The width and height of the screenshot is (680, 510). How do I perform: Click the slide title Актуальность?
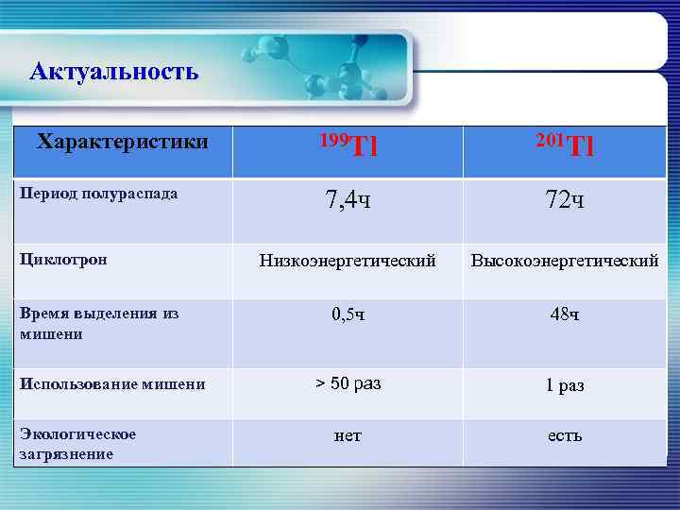click(x=113, y=71)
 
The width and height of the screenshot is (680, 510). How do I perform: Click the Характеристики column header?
click(x=122, y=143)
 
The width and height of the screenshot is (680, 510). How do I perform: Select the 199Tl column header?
click(x=348, y=145)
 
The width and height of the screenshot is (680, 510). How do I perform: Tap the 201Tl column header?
click(x=564, y=145)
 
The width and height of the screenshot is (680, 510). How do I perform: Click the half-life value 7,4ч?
click(x=348, y=200)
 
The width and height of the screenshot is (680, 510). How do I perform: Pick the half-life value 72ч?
click(x=564, y=200)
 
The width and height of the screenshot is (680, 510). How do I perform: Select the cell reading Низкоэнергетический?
click(x=348, y=260)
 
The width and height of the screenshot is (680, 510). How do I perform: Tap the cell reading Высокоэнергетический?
click(x=565, y=260)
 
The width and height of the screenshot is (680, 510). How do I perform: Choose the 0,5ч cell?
click(x=348, y=314)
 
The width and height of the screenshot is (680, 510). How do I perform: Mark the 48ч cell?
click(x=564, y=314)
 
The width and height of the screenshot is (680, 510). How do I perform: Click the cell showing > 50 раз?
click(x=348, y=383)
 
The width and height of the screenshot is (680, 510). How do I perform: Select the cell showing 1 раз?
click(x=564, y=385)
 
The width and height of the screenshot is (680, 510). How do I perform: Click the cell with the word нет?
click(x=348, y=435)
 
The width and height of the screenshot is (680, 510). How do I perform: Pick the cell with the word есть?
click(x=564, y=435)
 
